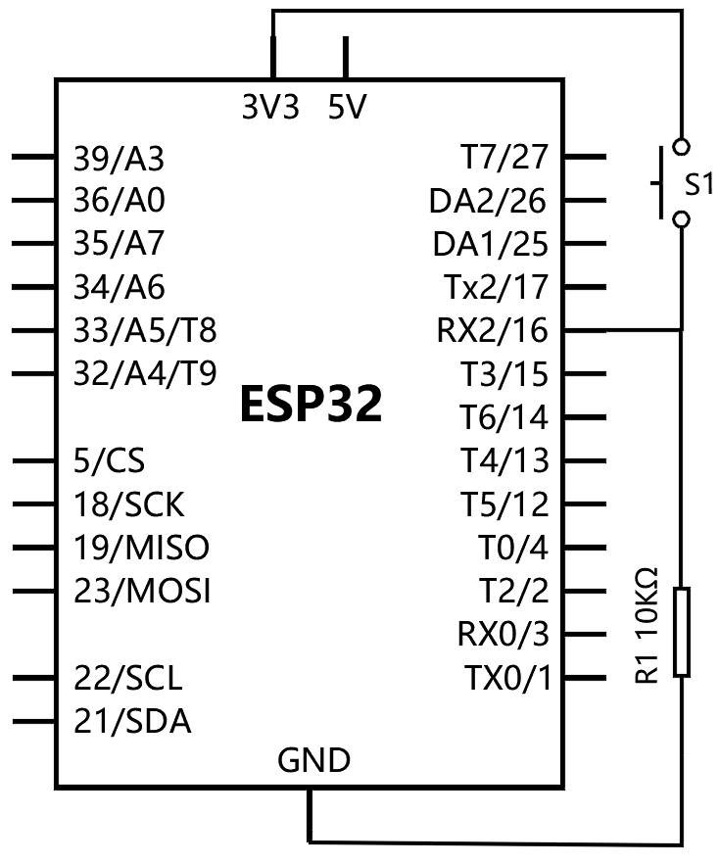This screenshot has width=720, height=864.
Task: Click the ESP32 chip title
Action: coord(312,404)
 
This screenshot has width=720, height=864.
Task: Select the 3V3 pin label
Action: coord(270,107)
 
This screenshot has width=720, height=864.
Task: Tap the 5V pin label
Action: coord(347,107)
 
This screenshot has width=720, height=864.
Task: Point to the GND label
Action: coord(313,760)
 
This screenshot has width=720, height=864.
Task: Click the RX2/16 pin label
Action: coord(493,330)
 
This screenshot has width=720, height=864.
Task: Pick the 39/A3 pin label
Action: coord(119,159)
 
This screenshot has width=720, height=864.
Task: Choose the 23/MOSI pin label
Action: coord(142,592)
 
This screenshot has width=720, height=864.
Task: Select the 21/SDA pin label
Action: coord(132,722)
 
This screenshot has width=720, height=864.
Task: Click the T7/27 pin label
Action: coord(504,157)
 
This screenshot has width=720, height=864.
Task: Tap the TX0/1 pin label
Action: coord(507,678)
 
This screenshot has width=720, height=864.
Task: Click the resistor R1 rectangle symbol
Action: coord(682,632)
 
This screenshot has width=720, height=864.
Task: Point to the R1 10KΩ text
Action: coord(648,625)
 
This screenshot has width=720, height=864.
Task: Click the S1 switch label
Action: coord(699,184)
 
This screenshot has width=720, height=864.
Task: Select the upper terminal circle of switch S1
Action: coord(682,147)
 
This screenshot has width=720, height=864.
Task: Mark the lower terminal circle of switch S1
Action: coord(682,219)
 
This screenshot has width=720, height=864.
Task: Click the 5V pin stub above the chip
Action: coord(346,57)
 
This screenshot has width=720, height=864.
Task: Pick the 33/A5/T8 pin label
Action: coord(145,330)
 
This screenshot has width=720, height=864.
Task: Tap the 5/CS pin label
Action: coord(109,460)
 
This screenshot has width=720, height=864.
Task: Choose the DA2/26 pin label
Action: coord(488,201)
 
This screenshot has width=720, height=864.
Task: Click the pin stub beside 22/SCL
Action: coord(33,678)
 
